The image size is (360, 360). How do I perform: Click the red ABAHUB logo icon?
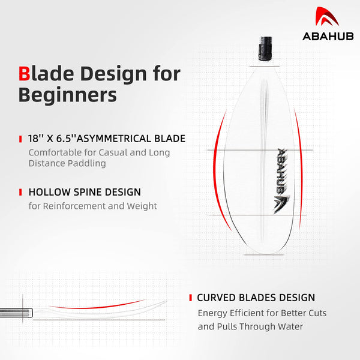pos(326,16)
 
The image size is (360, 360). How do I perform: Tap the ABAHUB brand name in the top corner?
pos(328,37)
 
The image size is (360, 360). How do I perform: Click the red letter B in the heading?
pos(24,74)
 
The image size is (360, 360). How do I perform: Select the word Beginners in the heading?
pos(67,95)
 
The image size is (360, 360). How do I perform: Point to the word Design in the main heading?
pos(113,74)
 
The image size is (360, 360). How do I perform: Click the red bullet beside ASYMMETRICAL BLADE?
pos(20,139)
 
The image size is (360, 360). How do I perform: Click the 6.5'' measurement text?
pos(66,139)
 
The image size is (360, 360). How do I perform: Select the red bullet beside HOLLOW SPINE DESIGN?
pos(20,193)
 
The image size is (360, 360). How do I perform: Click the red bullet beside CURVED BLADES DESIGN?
pos(190,298)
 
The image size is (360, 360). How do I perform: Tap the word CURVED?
pos(216,298)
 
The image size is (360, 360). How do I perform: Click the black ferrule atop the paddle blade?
pos(265,49)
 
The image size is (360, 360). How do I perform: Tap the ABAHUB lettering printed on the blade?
pos(281,171)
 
